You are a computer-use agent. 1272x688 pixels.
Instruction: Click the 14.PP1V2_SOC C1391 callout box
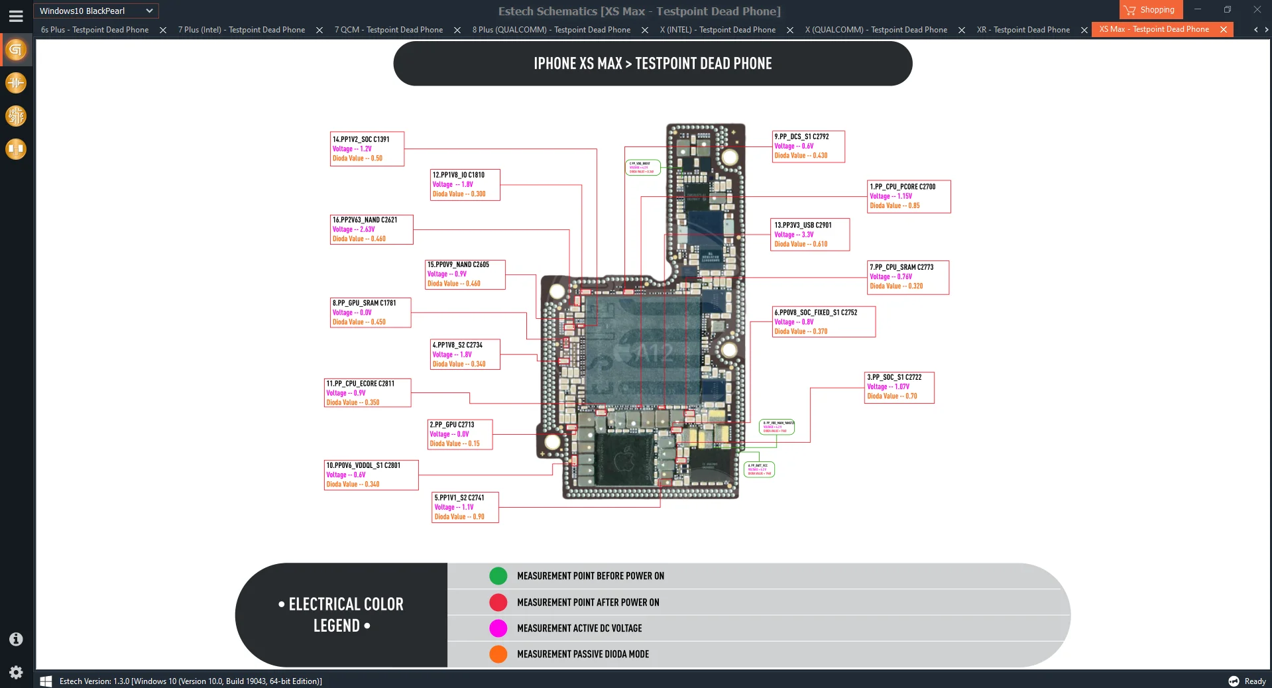[x=367, y=148]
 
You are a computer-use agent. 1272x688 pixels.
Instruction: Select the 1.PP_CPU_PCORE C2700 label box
[x=908, y=196]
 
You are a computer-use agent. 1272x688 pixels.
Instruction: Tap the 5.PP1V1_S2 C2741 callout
[x=465, y=507]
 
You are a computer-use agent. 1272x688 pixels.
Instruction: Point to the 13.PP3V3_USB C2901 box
[x=810, y=235]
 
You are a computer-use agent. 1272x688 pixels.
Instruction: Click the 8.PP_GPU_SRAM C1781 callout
[x=370, y=312]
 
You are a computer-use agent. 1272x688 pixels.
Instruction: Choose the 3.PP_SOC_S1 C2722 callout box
[x=899, y=387]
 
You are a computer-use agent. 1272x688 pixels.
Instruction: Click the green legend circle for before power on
[x=498, y=576]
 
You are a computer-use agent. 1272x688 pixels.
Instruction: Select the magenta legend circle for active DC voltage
[x=498, y=628]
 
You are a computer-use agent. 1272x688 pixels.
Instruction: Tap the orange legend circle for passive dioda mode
[x=498, y=654]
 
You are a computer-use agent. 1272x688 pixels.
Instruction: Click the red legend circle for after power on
[x=498, y=602]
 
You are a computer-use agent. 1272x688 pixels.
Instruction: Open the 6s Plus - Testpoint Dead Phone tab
[x=95, y=30]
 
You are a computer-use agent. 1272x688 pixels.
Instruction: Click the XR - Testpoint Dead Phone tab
[x=1023, y=30]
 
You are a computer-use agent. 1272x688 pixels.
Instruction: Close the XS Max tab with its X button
[x=1224, y=30]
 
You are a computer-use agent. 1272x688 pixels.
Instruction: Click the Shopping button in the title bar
[x=1151, y=10]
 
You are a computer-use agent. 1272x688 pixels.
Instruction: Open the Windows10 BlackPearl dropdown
[x=95, y=11]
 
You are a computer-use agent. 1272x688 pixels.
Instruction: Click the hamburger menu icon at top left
[x=16, y=16]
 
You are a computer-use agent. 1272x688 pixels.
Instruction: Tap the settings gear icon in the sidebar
[x=16, y=672]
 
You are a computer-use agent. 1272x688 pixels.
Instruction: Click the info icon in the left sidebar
[x=16, y=639]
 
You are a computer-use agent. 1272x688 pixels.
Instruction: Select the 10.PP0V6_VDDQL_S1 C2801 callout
[x=371, y=475]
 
